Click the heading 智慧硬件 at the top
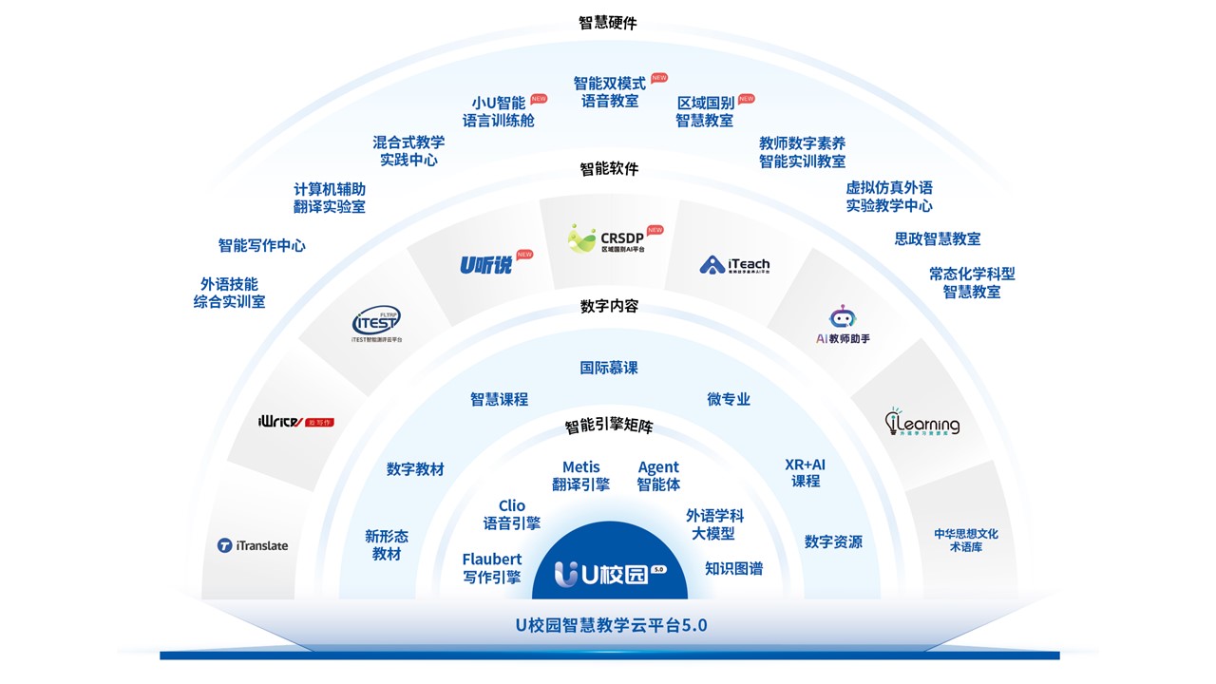click(608, 23)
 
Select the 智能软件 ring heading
click(609, 169)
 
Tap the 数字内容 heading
click(609, 306)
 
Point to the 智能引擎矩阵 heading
click(609, 427)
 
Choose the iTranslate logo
click(253, 545)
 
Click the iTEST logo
click(376, 320)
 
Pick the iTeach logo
click(734, 264)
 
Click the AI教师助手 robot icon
click(843, 317)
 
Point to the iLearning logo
click(921, 423)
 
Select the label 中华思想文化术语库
click(965, 540)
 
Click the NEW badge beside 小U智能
click(539, 99)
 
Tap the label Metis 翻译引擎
click(580, 476)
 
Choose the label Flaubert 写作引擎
click(491, 568)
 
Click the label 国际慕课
click(609, 368)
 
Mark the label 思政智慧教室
click(937, 238)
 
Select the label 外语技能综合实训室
click(229, 293)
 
